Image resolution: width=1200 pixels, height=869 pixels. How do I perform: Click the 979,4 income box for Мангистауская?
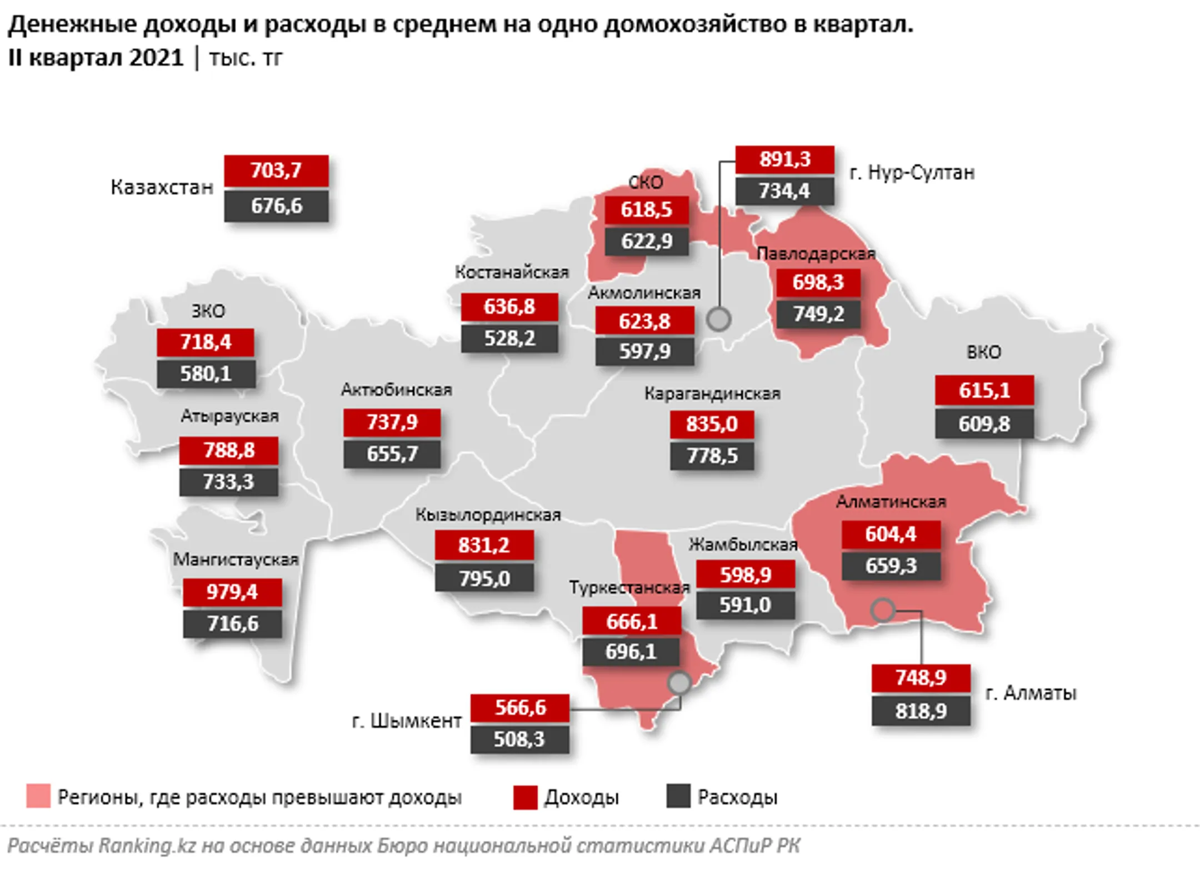[232, 592]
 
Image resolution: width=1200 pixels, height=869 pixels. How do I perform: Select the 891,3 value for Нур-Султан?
[784, 159]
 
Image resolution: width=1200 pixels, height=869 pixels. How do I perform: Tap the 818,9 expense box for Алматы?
[921, 711]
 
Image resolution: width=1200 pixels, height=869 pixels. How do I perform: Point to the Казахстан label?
[162, 187]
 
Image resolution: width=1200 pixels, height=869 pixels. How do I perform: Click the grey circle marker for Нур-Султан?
[719, 319]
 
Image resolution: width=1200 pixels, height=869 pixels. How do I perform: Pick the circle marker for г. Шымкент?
[679, 682]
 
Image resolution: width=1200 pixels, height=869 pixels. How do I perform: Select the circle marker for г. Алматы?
[882, 610]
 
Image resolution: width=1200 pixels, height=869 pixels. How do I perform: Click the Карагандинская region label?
[712, 393]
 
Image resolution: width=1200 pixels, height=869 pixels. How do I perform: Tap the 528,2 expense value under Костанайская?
[509, 338]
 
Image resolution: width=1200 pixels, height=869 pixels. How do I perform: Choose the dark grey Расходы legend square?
[678, 796]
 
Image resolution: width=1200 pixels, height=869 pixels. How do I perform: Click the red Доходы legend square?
[525, 797]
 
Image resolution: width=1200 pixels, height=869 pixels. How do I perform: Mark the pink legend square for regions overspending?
[38, 796]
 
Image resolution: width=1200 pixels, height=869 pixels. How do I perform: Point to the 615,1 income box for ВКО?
[984, 390]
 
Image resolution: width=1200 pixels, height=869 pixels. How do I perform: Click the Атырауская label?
[229, 416]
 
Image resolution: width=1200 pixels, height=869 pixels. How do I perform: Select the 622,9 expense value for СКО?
[647, 241]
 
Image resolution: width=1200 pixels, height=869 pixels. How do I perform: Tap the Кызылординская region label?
[488, 515]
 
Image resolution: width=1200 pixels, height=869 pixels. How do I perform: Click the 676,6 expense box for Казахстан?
[276, 206]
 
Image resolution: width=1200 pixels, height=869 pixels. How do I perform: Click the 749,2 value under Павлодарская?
[818, 314]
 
